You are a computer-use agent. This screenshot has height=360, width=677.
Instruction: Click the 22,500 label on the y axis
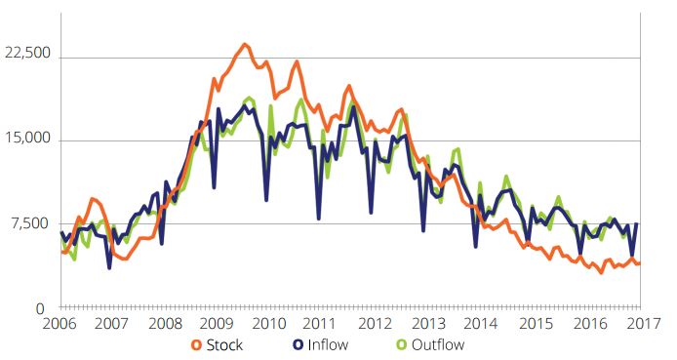[x=27, y=53]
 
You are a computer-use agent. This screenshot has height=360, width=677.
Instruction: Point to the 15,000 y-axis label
[x=27, y=139]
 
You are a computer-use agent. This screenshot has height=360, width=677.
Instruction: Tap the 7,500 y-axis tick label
[x=32, y=223]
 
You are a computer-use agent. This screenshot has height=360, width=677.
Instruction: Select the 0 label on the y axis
[x=40, y=309]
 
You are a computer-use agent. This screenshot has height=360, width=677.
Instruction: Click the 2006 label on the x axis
[x=60, y=323]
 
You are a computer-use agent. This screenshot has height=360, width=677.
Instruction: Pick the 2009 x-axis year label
[x=218, y=323]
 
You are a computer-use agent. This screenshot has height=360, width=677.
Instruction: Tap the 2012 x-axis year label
[x=376, y=323]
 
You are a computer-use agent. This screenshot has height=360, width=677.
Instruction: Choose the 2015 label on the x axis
[x=536, y=323]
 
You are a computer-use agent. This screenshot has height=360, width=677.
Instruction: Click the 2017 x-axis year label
[x=643, y=323]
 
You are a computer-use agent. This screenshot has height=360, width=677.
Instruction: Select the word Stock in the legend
[x=224, y=345]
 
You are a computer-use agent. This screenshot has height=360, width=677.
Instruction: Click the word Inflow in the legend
[x=328, y=345]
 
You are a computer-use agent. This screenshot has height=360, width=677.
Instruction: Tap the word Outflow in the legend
[x=438, y=345]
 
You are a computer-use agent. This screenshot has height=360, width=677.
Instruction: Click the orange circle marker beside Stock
[x=196, y=345]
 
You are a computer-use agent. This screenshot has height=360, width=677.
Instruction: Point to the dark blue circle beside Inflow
[x=298, y=345]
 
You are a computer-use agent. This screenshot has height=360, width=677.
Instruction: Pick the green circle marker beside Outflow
[x=402, y=345]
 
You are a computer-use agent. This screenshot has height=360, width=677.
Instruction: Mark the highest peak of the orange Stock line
[x=245, y=44]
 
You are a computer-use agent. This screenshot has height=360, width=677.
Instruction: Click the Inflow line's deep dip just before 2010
[x=266, y=200]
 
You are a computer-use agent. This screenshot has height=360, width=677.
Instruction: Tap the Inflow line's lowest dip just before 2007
[x=109, y=268]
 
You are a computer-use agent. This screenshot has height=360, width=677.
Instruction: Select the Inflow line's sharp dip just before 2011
[x=319, y=219]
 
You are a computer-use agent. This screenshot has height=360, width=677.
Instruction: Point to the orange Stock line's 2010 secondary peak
[x=298, y=61]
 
